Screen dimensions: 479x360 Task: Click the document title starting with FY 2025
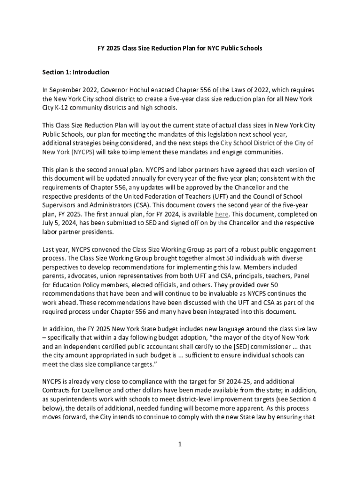coord(180,48)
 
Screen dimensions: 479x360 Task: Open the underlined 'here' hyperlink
coord(222,214)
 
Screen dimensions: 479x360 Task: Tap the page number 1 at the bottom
coord(180,444)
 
